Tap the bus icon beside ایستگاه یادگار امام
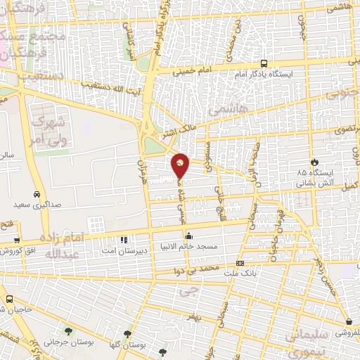(x=264, y=63)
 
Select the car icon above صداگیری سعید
(x=36, y=194)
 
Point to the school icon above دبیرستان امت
(x=125, y=240)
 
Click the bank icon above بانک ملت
(x=240, y=264)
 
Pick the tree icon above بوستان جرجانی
(x=67, y=331)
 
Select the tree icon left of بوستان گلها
(x=127, y=335)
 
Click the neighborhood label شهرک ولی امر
(x=51, y=127)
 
